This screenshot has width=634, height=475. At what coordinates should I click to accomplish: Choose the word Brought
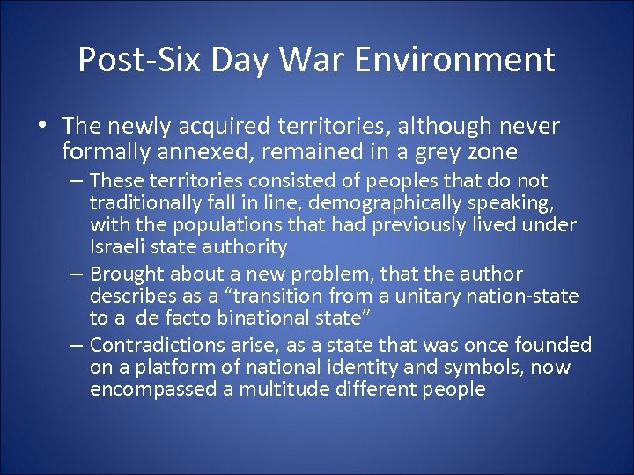(127, 274)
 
